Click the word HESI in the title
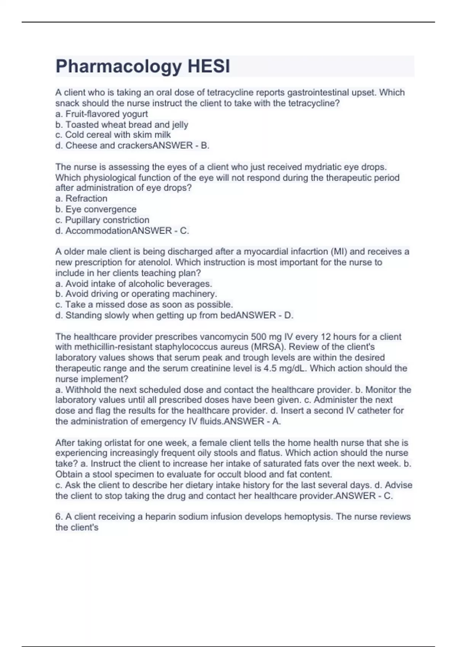209,67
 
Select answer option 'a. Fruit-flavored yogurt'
102,114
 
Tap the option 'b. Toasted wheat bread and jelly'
122,124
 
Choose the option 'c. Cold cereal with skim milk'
113,135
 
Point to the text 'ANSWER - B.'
181,145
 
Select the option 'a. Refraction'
81,198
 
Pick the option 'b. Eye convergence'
96,209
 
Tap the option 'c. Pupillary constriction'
102,220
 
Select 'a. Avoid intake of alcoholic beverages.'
134,284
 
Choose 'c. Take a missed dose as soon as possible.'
144,304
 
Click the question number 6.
59,516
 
